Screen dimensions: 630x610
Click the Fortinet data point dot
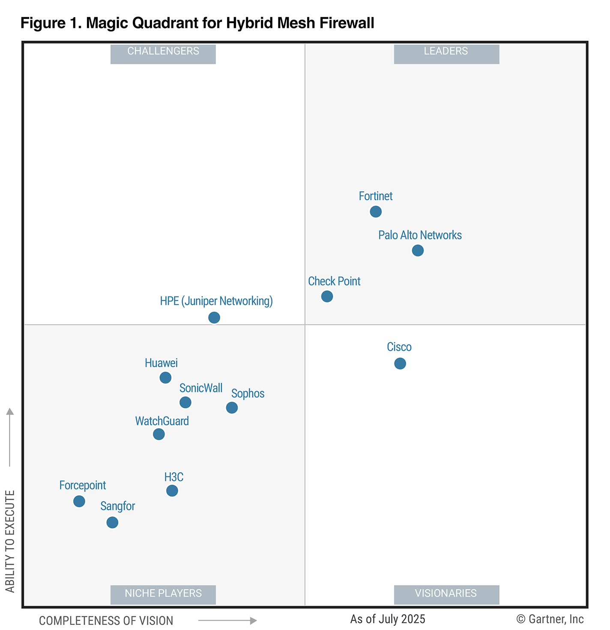click(376, 211)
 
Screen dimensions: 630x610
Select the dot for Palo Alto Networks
click(418, 250)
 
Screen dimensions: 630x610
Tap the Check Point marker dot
click(327, 296)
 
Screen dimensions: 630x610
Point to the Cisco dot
click(400, 364)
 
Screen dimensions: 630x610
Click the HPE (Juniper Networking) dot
click(214, 318)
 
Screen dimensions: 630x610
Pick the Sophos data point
click(232, 408)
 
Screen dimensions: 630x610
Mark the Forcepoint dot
click(79, 501)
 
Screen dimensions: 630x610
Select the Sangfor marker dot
click(112, 522)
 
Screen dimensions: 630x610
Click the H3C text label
click(174, 477)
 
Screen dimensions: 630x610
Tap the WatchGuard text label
click(162, 421)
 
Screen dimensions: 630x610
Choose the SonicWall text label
click(201, 388)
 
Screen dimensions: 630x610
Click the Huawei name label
click(161, 363)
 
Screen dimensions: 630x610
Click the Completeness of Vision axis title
click(106, 621)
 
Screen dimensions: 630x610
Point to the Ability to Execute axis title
click(10, 541)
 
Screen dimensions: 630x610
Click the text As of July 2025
click(388, 619)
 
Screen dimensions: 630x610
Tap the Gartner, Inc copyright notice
click(550, 619)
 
